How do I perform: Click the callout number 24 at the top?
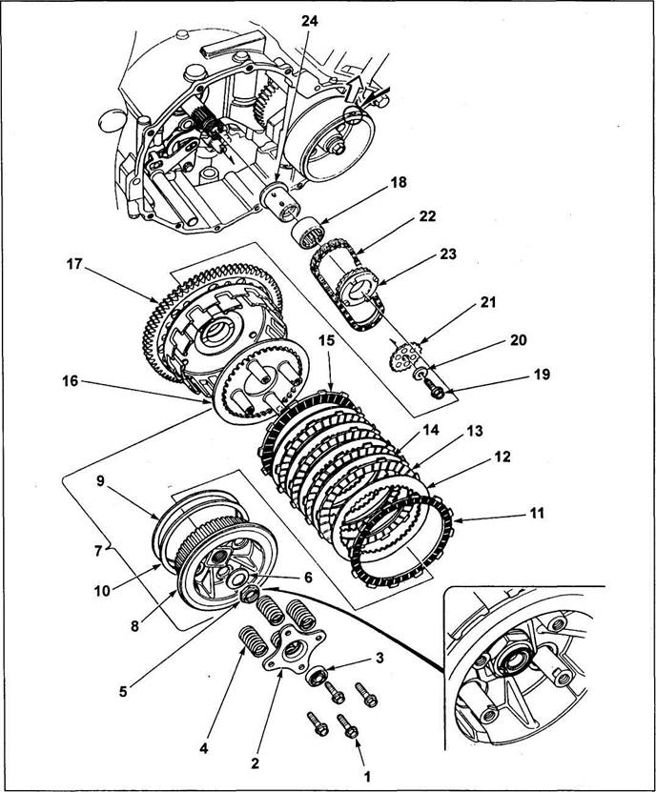[310, 21]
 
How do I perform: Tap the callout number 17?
[74, 264]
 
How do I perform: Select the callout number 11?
[537, 513]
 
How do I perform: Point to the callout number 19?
[542, 375]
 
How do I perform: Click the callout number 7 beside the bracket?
[99, 549]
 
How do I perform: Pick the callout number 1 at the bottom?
[367, 776]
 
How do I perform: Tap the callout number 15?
[327, 340]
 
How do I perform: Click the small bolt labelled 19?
[434, 389]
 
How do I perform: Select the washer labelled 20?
[420, 374]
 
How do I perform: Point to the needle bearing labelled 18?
[309, 232]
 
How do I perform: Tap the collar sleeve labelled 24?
[280, 200]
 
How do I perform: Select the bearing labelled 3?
[318, 677]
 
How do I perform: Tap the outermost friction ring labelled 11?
[400, 541]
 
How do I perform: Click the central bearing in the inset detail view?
[514, 659]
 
